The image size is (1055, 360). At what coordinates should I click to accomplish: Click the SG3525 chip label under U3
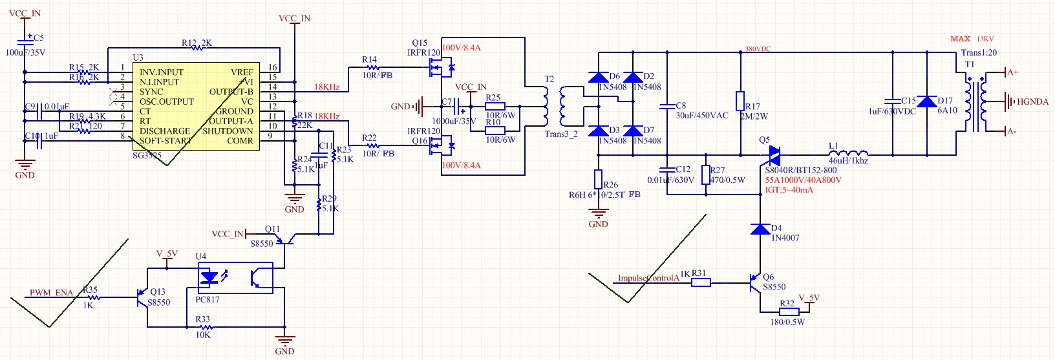[x=147, y=155]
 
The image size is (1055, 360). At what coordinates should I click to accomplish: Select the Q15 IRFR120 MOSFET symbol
[x=442, y=67]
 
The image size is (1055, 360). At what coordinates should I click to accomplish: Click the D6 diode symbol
[x=599, y=77]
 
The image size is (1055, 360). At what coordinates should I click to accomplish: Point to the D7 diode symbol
[x=633, y=131]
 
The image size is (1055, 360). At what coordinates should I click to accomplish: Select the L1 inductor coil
[x=848, y=154]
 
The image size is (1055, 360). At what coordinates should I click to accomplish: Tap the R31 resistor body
[x=701, y=282]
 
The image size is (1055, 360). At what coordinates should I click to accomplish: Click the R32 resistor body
[x=789, y=312]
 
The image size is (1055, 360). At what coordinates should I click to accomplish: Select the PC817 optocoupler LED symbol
[x=209, y=278]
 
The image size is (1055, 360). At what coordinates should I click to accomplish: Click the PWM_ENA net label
[x=51, y=293]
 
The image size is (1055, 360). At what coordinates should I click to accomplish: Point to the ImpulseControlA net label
[x=648, y=279]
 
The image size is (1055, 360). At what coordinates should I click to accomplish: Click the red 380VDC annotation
[x=758, y=49]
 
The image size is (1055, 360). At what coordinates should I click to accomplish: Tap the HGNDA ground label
[x=1032, y=101]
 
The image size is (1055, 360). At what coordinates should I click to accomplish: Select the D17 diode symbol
[x=927, y=101]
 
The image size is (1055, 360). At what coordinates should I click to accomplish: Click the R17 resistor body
[x=740, y=101]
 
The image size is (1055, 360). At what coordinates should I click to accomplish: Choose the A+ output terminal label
[x=1012, y=72]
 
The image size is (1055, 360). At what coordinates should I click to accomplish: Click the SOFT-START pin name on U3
[x=165, y=140]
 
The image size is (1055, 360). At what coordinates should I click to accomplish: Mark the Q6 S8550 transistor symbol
[x=755, y=283]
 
